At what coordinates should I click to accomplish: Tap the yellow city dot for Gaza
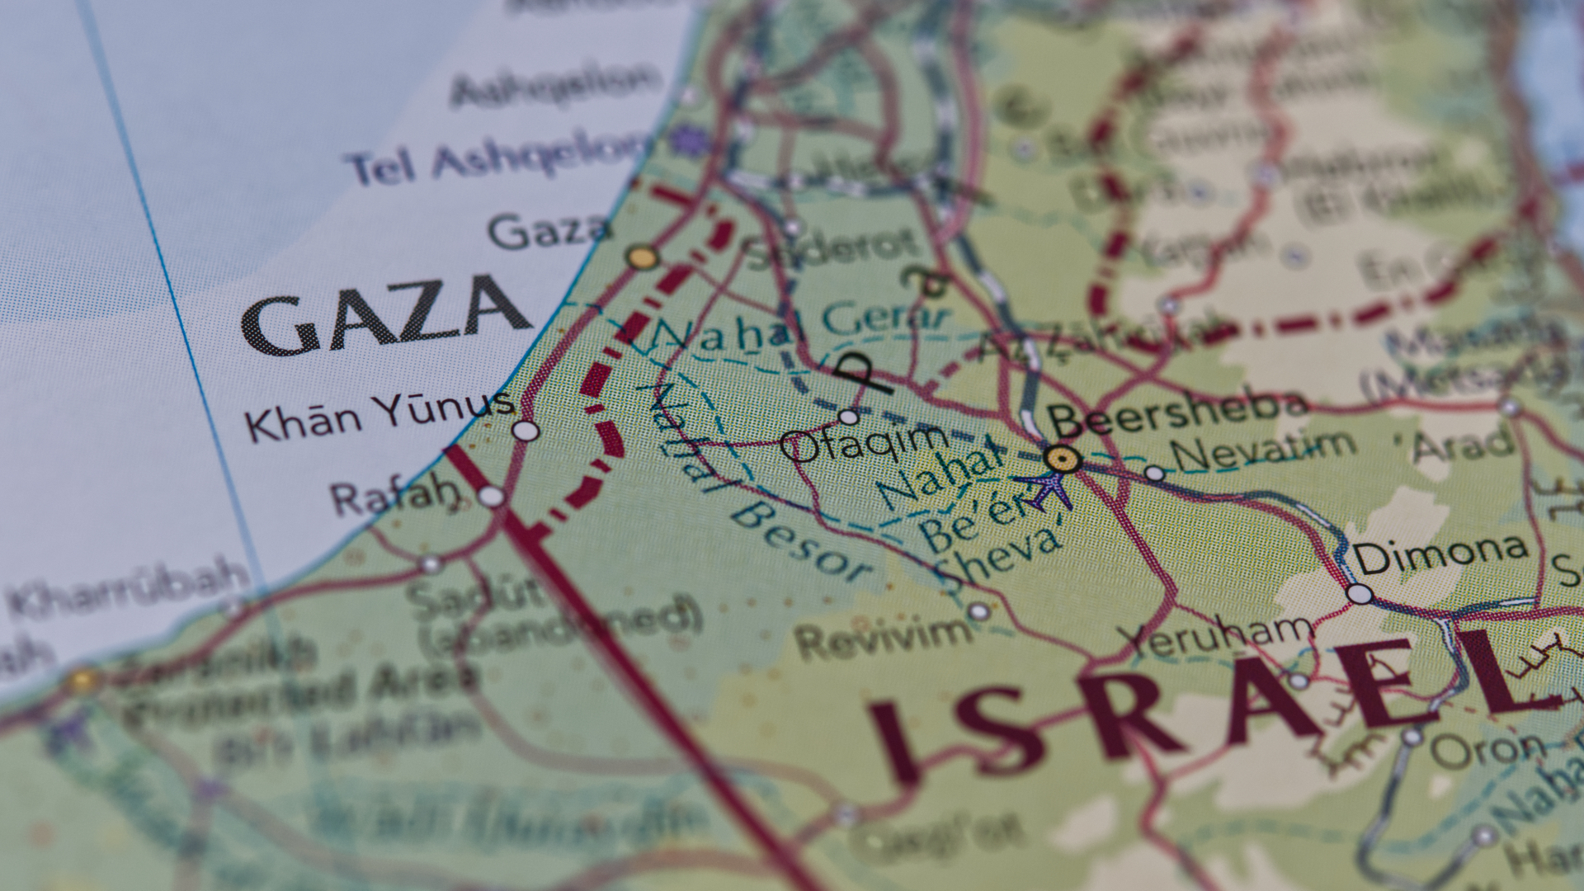tap(642, 257)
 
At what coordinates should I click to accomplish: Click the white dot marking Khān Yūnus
tap(526, 431)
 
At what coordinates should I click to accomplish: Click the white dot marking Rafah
tap(492, 496)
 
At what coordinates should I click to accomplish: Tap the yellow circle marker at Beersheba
tap(1063, 459)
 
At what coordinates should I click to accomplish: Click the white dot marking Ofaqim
tap(848, 417)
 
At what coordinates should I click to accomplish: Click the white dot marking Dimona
tap(1360, 594)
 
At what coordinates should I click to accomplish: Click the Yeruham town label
tap(1216, 636)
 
